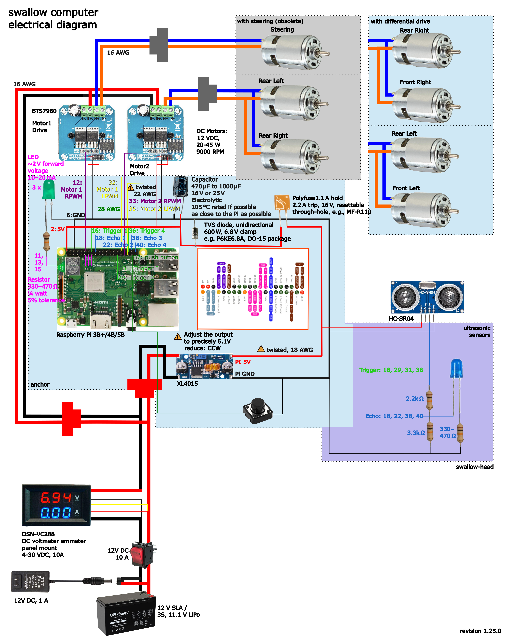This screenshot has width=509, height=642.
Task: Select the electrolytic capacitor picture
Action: click(180, 186)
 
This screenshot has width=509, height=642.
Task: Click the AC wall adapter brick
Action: click(30, 581)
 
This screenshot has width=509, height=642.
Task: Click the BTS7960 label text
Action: click(44, 111)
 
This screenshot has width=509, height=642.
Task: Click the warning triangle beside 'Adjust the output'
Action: click(178, 337)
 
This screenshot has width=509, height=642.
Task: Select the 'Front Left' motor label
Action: click(406, 188)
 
